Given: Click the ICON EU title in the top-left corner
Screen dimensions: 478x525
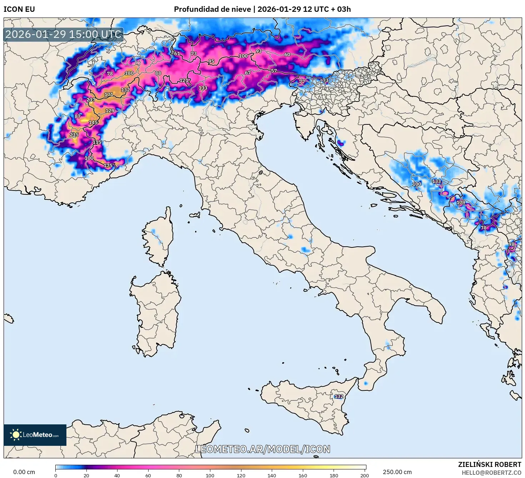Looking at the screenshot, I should [19, 9].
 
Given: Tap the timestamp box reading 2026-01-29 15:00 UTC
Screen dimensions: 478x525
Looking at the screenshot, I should [63, 34].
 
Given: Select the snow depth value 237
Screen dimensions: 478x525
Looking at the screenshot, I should [91, 100].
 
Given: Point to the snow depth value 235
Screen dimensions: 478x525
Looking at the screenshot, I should [74, 135].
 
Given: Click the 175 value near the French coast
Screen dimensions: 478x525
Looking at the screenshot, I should [108, 165].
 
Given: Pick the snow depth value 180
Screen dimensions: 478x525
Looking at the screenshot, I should [129, 73].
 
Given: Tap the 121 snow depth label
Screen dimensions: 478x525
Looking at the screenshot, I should [184, 80].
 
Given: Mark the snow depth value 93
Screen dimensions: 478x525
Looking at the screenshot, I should [259, 51].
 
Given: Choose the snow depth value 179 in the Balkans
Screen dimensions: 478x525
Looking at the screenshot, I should [461, 202].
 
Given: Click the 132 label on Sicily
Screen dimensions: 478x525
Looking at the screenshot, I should [339, 396].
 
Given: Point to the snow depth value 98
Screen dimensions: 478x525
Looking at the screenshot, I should [511, 244].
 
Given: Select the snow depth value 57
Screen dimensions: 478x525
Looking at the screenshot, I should [274, 71].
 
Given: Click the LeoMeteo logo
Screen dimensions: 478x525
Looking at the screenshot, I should [35, 435].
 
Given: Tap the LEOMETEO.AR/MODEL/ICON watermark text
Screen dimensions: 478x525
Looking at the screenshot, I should [262, 449].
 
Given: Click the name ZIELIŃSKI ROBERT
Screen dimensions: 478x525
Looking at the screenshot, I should [489, 464].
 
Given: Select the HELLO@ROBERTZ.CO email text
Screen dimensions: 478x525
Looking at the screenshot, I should [491, 473].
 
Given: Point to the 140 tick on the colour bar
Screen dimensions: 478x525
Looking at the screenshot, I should [272, 475].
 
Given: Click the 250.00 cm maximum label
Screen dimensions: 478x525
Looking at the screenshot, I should [397, 472].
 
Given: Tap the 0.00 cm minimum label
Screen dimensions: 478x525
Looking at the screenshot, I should [24, 472].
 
